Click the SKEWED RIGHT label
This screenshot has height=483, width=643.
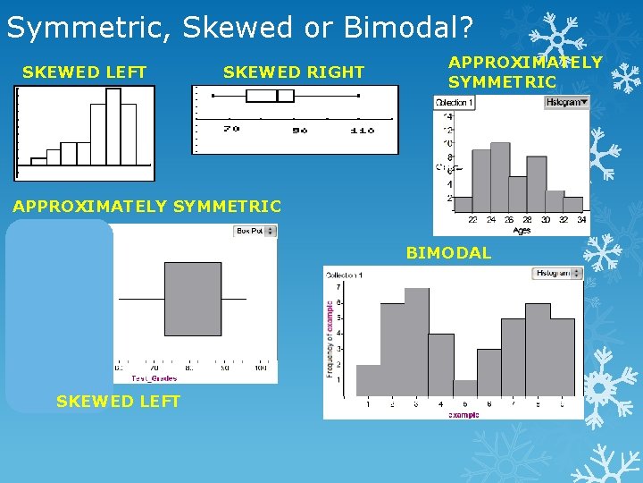(x=294, y=72)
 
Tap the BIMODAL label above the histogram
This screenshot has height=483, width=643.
(x=448, y=253)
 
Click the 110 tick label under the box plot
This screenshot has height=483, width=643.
(x=361, y=131)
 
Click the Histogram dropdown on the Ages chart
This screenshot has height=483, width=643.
(x=567, y=103)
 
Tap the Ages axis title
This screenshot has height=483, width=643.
(x=522, y=230)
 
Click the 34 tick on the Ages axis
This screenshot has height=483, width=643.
(x=581, y=220)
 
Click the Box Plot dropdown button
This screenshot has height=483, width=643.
(x=255, y=231)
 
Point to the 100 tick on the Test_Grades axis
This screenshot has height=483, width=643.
(x=260, y=368)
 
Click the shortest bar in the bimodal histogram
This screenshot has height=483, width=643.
(x=464, y=388)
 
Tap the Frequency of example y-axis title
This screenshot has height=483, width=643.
(x=329, y=338)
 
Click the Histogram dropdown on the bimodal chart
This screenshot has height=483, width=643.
(x=559, y=274)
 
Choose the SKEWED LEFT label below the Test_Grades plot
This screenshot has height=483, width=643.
(x=118, y=402)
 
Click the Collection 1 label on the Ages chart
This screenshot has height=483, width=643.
(x=455, y=103)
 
